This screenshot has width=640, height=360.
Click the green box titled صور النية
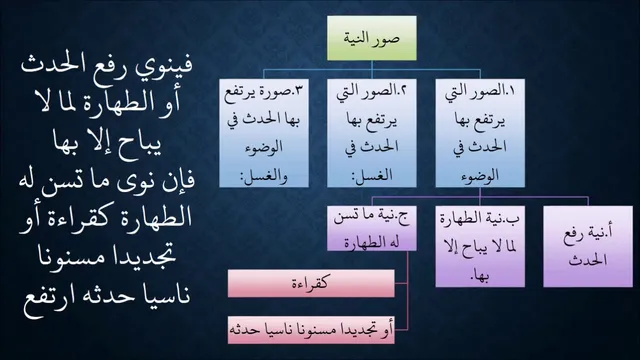pos(372,38)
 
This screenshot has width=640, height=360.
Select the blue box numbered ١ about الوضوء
pos(480,133)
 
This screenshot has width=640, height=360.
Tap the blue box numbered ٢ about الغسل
pos(372,133)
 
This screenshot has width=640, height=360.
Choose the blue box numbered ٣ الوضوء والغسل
pos(264,133)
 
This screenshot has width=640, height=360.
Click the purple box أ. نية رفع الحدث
pos(588,247)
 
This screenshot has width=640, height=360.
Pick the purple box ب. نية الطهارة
pos(480,247)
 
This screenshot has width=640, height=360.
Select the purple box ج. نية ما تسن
pos(372,229)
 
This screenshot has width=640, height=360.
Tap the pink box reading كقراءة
pos(311,283)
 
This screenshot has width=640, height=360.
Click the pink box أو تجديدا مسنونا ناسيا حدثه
pos(311,330)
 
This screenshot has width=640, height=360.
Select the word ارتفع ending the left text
pos(46,296)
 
